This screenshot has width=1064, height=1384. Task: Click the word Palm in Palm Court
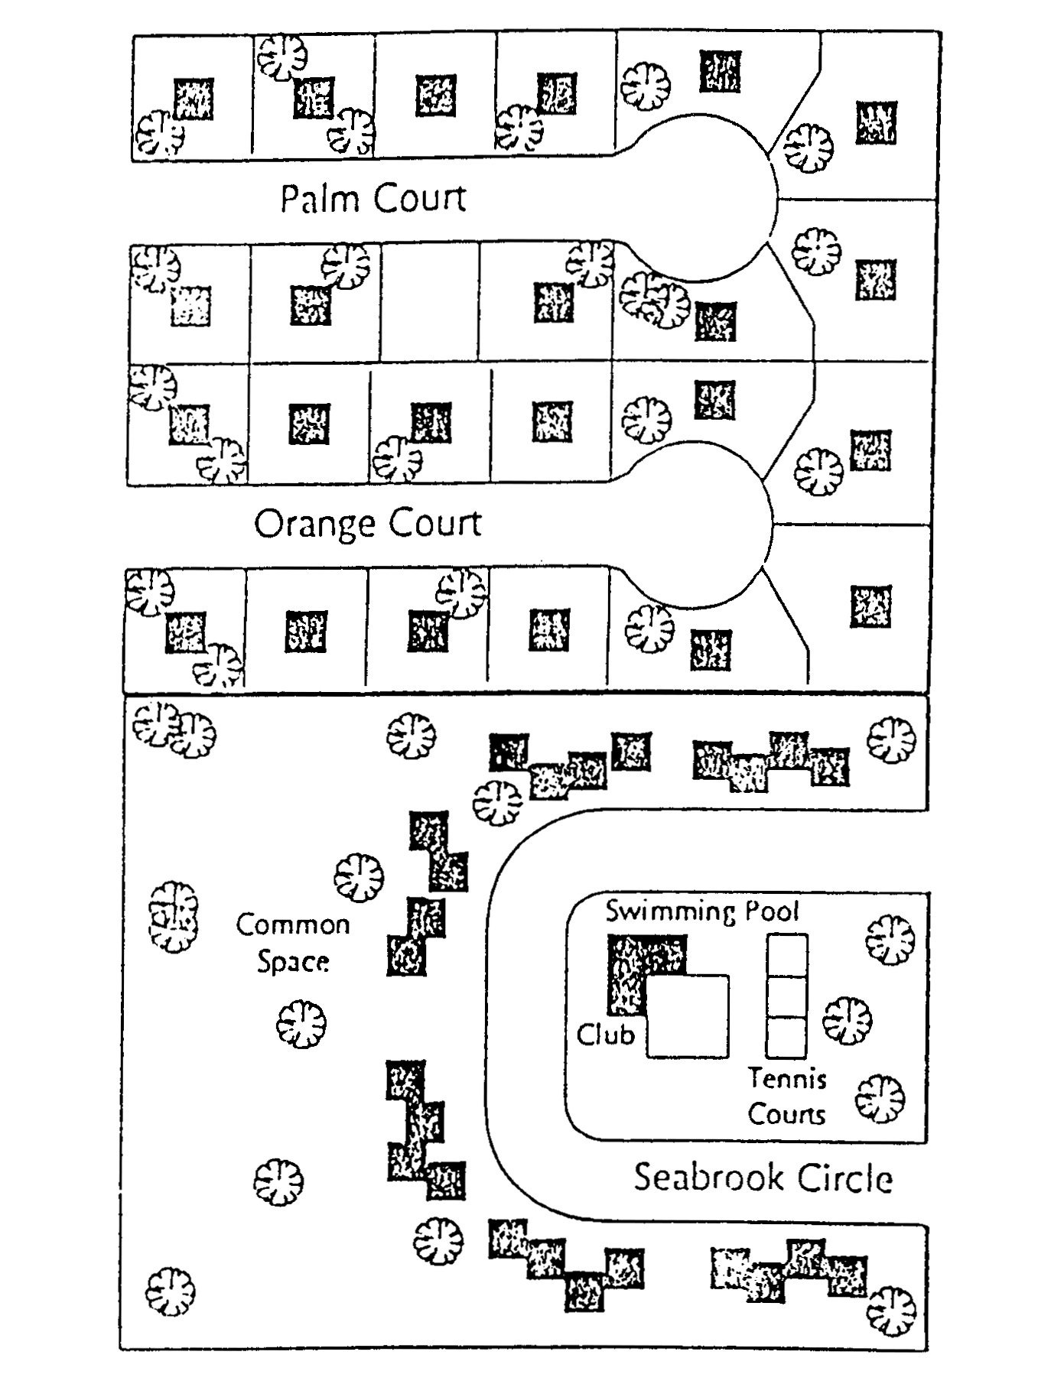pos(320,199)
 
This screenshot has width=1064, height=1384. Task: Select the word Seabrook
pos(698,1177)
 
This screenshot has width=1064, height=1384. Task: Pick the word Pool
pos(773,911)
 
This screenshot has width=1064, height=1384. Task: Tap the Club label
pos(605,1035)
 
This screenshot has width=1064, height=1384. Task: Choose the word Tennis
pos(787,1079)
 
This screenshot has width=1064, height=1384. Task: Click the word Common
pos(293,924)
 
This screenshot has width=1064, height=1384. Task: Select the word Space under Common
pos(293,961)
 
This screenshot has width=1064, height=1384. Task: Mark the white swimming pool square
pos(688,1017)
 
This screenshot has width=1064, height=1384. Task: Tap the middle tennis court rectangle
pos(787,996)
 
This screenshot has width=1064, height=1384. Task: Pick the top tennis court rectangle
pos(787,954)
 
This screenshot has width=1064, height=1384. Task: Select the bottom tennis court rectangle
pos(787,1038)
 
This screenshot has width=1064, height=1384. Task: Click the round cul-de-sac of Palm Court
pos(700,197)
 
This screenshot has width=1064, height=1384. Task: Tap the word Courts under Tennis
pos(787,1114)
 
